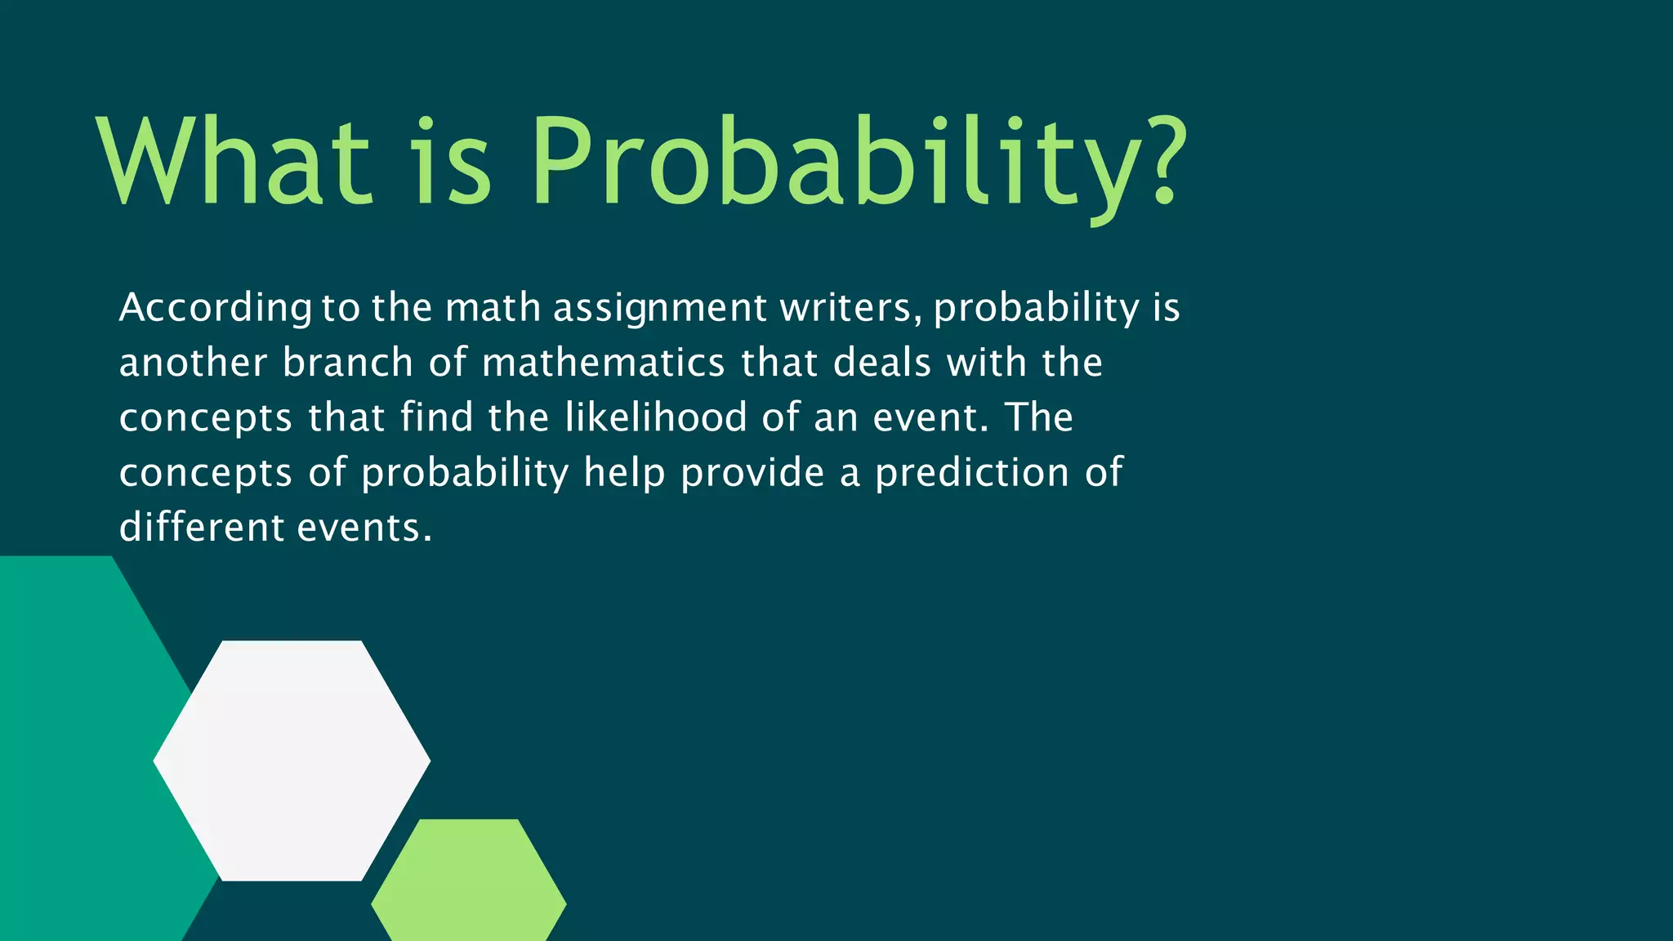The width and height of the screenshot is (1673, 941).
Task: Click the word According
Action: (x=215, y=309)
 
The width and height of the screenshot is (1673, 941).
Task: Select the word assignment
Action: (x=660, y=309)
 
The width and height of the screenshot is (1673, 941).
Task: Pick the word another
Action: (x=193, y=363)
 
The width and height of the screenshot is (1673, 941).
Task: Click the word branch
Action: (x=348, y=363)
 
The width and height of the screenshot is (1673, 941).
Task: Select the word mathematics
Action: (x=603, y=363)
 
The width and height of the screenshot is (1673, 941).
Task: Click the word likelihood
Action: (x=655, y=417)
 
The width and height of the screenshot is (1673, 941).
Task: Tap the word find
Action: (x=437, y=417)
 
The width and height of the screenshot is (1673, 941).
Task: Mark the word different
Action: (x=202, y=528)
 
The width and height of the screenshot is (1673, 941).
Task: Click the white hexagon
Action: (x=292, y=760)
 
